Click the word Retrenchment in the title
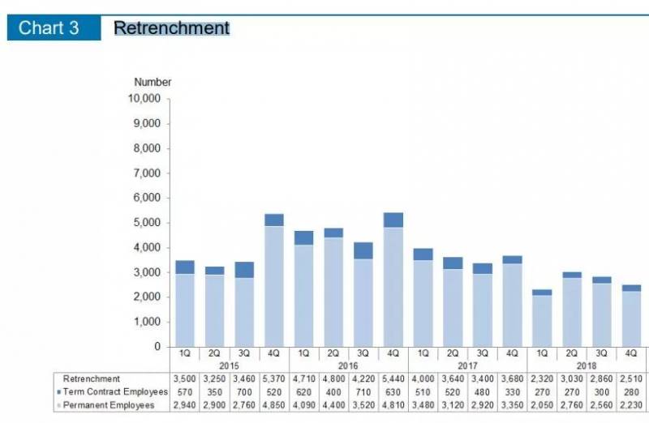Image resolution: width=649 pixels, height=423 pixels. point(171,28)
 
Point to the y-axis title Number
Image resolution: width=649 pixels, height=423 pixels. point(153,82)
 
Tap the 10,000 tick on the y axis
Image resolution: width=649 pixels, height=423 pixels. point(148,99)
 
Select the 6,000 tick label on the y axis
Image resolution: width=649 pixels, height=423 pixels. point(151,198)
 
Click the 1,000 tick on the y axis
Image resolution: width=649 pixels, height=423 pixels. point(151,322)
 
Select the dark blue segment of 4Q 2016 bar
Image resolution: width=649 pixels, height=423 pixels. point(393,220)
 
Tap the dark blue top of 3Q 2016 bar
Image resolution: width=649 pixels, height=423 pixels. point(363,250)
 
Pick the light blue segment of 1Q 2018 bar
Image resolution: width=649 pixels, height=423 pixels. point(542,321)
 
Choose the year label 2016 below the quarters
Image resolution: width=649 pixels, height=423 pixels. point(348,366)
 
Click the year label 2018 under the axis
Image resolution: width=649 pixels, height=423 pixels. point(587,366)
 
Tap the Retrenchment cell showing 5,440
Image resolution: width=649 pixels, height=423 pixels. point(393,378)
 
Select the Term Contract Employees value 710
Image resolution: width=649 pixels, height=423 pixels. point(363,391)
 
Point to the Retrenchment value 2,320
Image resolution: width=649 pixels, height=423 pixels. point(542,378)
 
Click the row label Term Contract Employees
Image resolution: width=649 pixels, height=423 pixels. point(114,391)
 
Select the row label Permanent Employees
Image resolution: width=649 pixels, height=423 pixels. point(109,404)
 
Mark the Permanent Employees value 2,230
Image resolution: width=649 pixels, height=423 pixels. point(631,404)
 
